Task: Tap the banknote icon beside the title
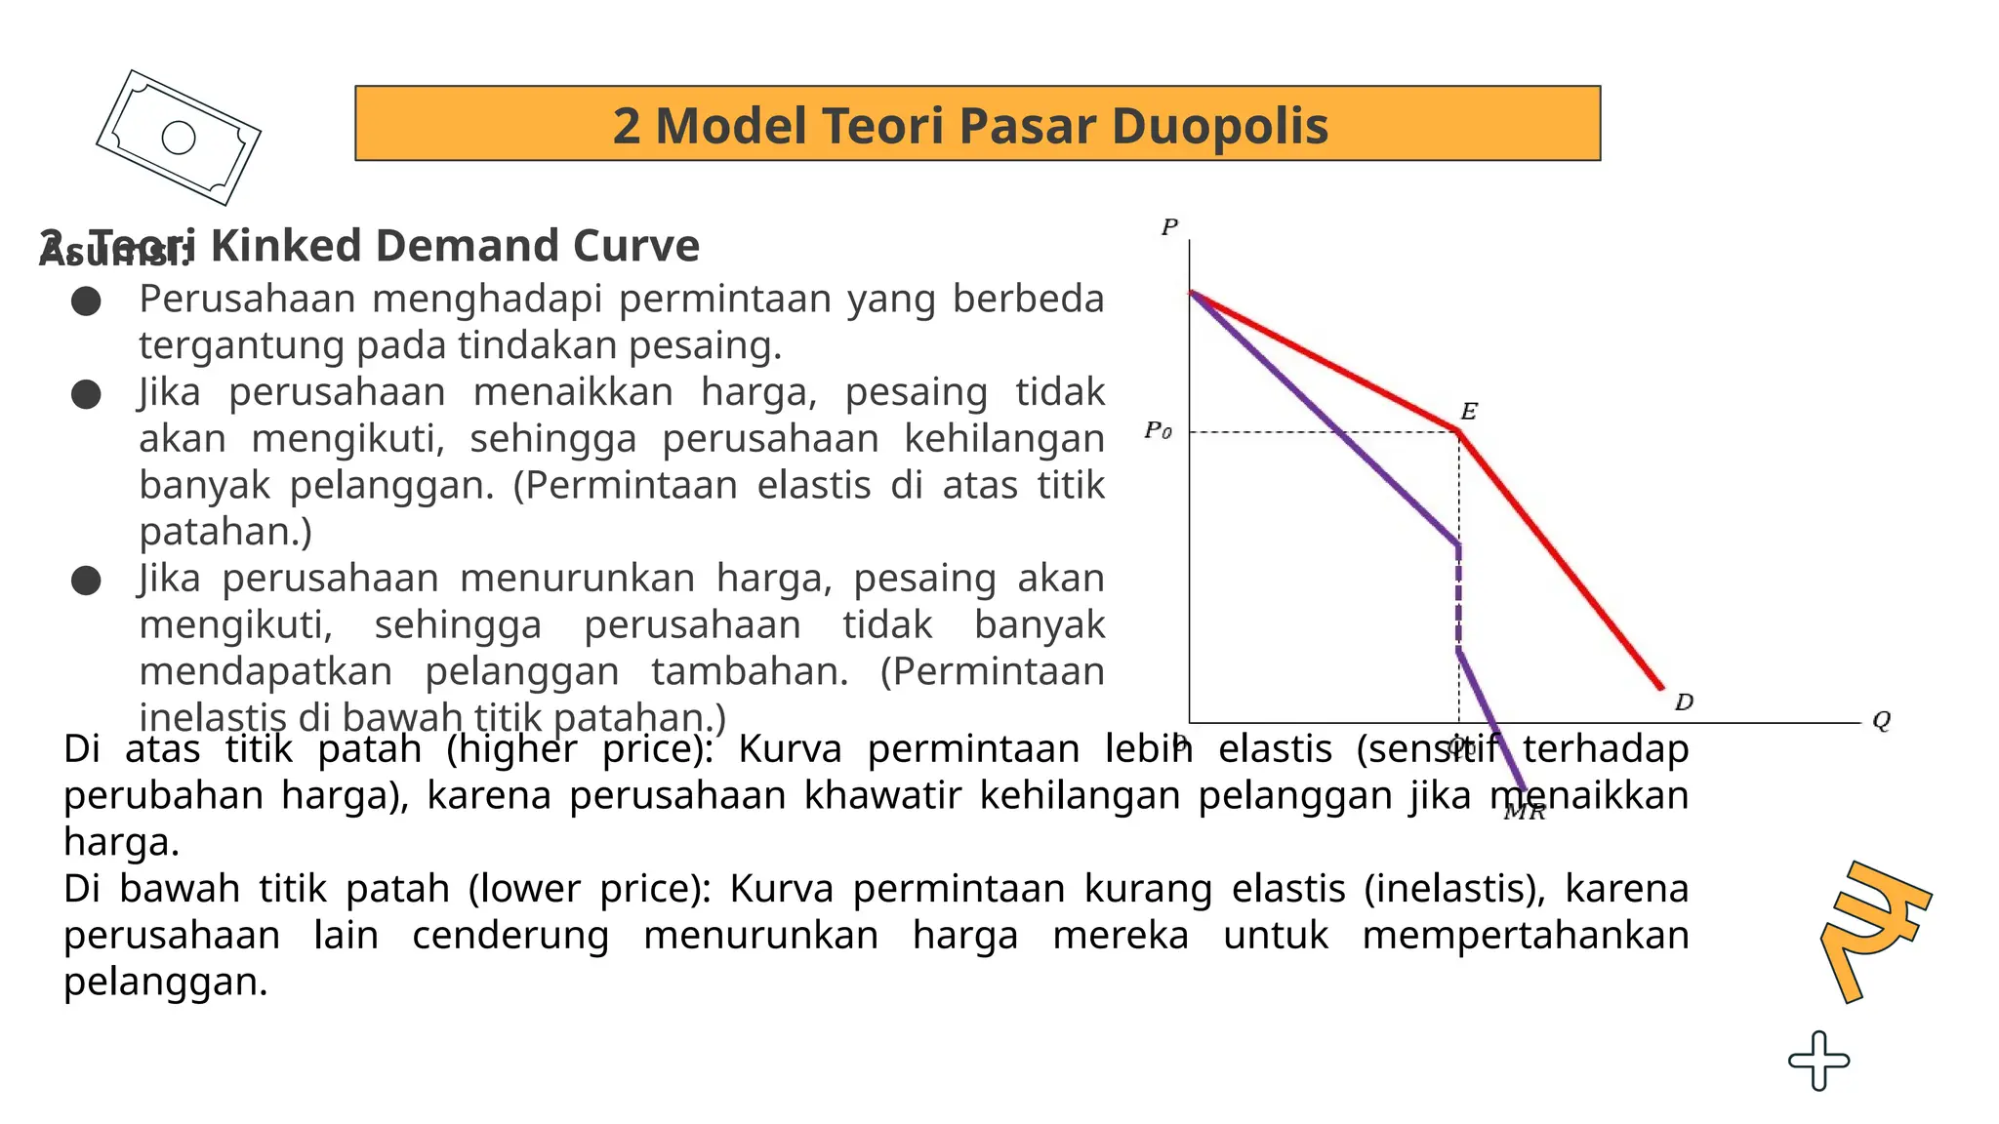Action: (179, 138)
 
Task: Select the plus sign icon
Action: (1818, 1060)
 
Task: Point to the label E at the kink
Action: (1468, 411)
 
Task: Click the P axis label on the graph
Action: (1169, 227)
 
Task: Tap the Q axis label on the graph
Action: (1881, 721)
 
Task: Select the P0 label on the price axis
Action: (1158, 430)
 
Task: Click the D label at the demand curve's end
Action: (1684, 702)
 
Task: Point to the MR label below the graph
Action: (1524, 812)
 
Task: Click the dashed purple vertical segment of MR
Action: (1458, 595)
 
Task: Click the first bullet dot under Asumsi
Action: (86, 301)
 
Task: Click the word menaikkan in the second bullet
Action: (573, 391)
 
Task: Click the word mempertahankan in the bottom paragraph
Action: (1525, 935)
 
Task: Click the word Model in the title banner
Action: (730, 126)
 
